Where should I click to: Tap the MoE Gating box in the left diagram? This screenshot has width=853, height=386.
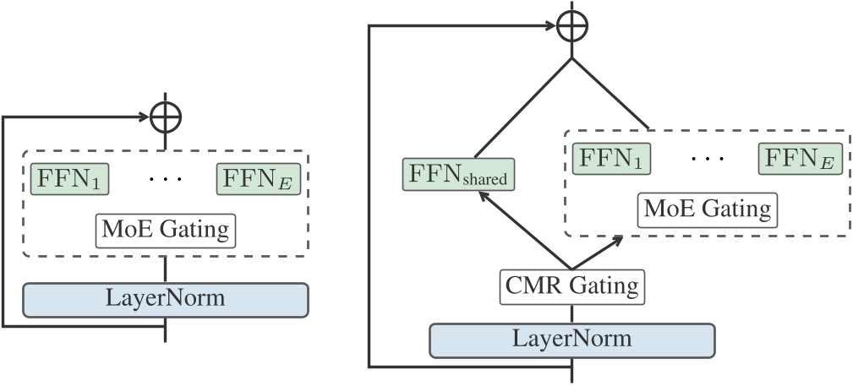[167, 229]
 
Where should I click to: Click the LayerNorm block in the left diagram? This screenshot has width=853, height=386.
[165, 299]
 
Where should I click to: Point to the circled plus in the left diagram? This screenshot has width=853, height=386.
[165, 117]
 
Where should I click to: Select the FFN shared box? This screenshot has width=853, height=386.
[458, 174]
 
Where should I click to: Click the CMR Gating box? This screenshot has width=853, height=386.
[572, 285]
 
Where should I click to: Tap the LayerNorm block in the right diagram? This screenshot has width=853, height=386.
[572, 339]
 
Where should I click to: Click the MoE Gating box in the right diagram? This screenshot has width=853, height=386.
[707, 208]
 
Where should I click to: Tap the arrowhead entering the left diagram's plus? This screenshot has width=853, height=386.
[145, 117]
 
